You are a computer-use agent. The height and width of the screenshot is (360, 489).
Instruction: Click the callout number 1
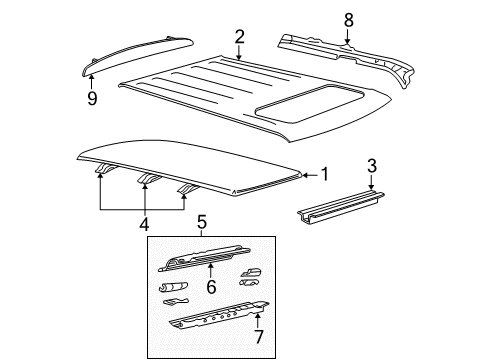point(325,174)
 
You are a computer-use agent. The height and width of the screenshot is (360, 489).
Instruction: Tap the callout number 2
point(239,37)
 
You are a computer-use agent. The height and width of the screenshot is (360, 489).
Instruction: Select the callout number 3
point(372,166)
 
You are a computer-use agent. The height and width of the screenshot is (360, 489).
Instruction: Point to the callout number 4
point(144,224)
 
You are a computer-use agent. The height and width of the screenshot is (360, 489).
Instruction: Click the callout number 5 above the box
point(202,222)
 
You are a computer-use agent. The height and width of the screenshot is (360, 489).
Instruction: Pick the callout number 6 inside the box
point(211,287)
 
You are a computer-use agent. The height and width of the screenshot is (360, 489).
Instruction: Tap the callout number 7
point(259,336)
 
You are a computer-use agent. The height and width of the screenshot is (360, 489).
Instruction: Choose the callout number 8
point(349,20)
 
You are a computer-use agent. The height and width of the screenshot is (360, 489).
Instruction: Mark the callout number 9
point(92,98)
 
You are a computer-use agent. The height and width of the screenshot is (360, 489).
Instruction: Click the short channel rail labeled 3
point(341,208)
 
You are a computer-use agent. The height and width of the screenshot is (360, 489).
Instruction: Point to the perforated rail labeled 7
point(219,316)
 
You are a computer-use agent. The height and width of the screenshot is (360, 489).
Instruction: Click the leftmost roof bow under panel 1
point(106,169)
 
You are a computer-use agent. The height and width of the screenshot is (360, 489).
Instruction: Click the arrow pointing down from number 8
point(348,37)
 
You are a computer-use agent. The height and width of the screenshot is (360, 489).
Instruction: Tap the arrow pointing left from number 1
point(310,175)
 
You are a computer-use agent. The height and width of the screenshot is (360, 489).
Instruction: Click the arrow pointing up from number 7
point(257,320)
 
